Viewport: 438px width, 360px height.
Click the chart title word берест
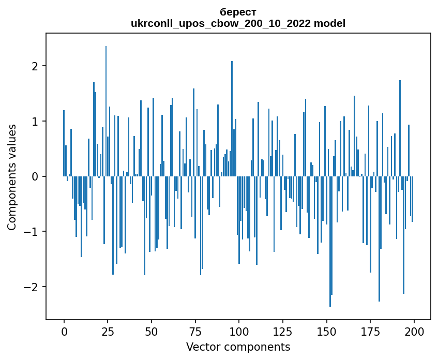238,12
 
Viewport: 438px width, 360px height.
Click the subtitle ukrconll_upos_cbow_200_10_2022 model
238,23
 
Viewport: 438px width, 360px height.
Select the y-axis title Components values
11,177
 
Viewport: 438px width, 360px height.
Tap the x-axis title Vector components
238,347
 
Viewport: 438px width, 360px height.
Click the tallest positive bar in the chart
106,111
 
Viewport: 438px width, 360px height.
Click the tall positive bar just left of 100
232,119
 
